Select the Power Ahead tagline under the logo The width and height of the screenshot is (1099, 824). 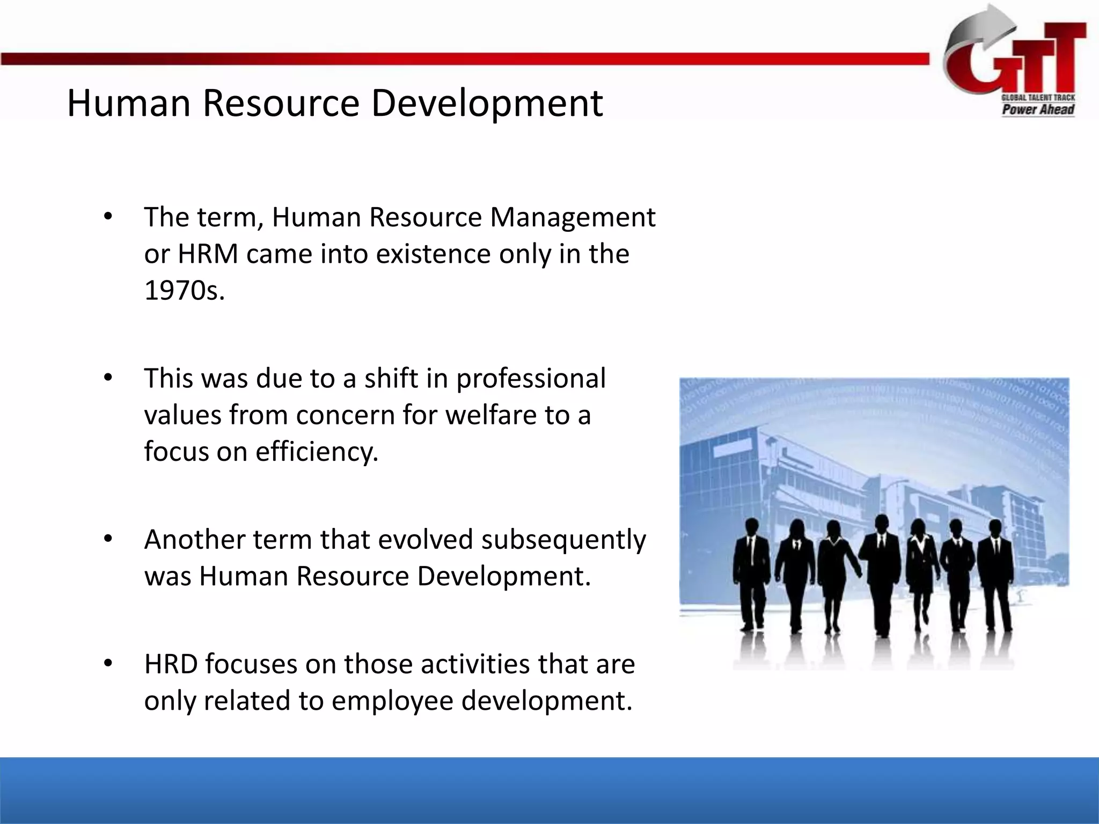click(x=1038, y=109)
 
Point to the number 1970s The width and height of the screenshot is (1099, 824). click(x=184, y=290)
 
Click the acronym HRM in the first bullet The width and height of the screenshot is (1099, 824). click(x=208, y=254)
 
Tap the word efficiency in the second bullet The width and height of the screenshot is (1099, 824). click(x=317, y=451)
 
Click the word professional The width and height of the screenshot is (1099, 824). click(x=531, y=378)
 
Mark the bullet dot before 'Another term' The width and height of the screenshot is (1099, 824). click(x=108, y=539)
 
